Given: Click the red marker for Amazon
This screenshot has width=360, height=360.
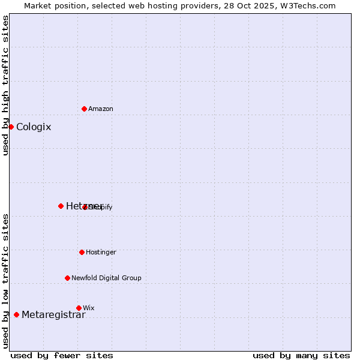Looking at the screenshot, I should click(84, 109).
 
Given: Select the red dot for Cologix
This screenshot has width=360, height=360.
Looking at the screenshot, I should click(11, 127).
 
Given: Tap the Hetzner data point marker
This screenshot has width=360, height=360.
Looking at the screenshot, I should click(61, 206).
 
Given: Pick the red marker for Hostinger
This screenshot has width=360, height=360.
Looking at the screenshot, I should click(82, 252).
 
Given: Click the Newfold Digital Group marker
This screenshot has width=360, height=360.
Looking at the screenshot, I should click(67, 278).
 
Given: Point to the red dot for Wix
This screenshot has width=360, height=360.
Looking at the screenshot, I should click(79, 308).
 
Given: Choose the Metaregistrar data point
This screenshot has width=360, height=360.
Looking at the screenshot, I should click(16, 314).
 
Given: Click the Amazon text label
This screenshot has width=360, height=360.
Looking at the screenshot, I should click(101, 109).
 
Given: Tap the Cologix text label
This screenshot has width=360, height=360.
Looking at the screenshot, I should click(34, 127).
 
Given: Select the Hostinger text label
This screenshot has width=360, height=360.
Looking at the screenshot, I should click(101, 252).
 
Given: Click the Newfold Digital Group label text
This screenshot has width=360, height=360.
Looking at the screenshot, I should click(106, 278).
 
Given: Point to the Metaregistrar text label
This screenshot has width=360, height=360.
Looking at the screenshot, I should click(53, 315).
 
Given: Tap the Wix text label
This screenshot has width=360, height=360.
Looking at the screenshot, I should click(89, 308).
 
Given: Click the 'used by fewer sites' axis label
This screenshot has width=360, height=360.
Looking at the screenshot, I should click(62, 355).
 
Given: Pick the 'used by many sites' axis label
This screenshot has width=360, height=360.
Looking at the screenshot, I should click(301, 355).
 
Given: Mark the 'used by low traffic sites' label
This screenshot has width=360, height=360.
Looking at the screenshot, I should click(5, 281).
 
